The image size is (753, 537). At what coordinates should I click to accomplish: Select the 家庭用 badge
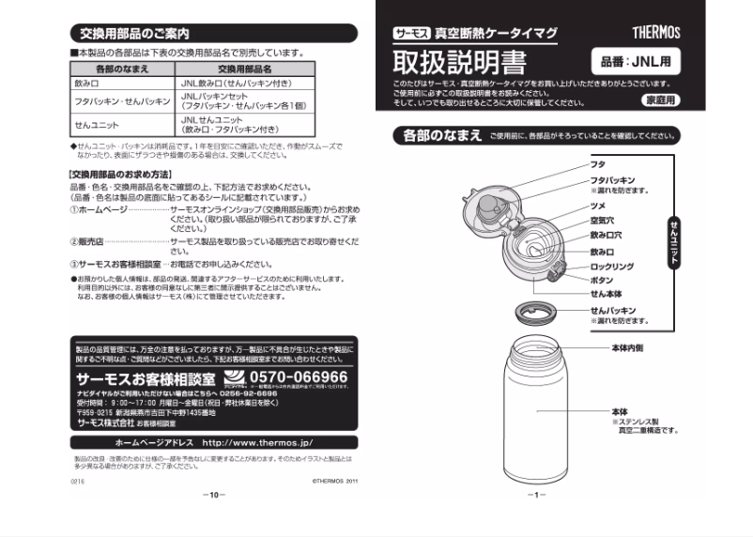pyautogui.click(x=660, y=100)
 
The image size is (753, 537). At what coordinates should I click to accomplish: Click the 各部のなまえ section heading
pyautogui.click(x=436, y=136)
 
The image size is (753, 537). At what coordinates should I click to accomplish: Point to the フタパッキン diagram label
pyautogui.click(x=612, y=179)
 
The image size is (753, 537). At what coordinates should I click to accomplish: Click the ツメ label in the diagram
pyautogui.click(x=597, y=204)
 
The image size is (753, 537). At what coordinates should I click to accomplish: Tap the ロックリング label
pyautogui.click(x=612, y=267)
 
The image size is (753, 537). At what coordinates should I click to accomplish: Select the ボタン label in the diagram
pyautogui.click(x=603, y=280)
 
